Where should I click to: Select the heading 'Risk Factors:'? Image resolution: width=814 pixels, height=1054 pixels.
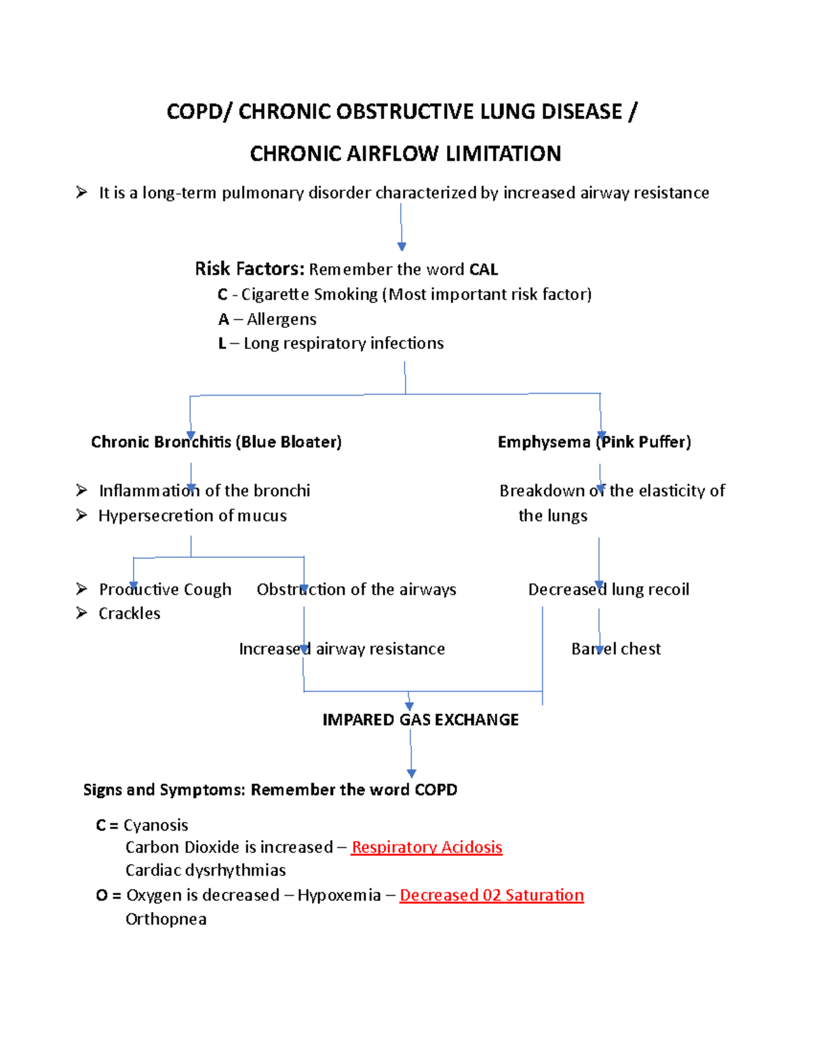(x=249, y=269)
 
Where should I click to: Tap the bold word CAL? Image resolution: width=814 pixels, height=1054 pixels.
(x=484, y=269)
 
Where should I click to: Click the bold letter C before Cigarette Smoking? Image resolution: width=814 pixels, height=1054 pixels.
(x=222, y=295)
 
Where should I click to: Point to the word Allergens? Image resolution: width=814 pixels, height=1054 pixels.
(x=282, y=319)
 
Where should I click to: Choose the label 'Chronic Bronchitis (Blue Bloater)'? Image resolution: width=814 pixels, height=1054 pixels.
(x=216, y=442)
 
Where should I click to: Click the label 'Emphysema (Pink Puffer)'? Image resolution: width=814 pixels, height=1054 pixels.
(x=594, y=442)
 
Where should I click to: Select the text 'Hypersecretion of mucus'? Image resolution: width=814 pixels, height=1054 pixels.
(x=193, y=516)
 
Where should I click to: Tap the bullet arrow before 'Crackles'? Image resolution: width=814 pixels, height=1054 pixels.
(x=82, y=614)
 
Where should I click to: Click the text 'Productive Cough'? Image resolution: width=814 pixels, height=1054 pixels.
(x=165, y=589)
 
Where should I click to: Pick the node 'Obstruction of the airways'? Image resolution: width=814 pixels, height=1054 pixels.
(x=356, y=589)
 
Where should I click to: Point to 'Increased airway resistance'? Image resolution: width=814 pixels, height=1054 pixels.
(x=342, y=649)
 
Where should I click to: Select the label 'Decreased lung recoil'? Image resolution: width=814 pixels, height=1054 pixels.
(x=608, y=589)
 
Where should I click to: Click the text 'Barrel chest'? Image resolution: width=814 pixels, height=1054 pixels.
(x=616, y=649)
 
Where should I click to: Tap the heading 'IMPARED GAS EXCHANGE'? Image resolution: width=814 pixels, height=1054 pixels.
(x=421, y=720)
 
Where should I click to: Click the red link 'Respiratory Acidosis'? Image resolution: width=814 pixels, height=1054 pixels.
(x=427, y=847)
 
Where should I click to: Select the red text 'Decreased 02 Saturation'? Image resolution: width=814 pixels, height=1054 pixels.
(x=492, y=895)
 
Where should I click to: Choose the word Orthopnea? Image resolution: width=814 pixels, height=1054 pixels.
(x=166, y=919)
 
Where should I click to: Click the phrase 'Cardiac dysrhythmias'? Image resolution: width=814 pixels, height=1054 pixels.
(x=206, y=870)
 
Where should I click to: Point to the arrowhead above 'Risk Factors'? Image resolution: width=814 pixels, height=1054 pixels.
(x=402, y=246)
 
